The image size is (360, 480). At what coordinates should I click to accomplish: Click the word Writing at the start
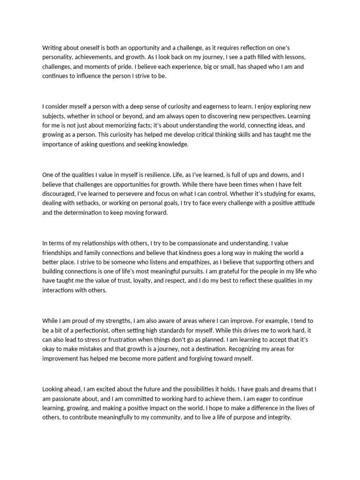coord(52,47)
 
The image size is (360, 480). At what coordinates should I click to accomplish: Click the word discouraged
coord(60,193)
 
